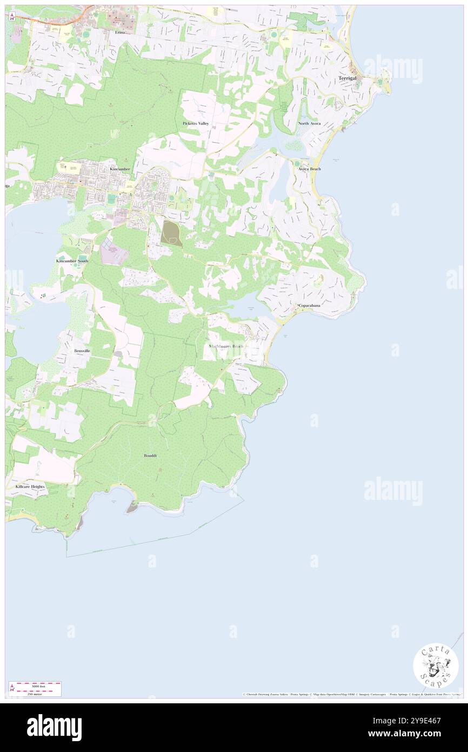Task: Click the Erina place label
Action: point(119,32)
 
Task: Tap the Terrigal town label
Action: point(347,78)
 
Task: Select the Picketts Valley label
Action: point(196,123)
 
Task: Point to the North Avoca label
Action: point(309,123)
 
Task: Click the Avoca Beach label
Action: point(310,169)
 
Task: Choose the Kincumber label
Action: point(120,169)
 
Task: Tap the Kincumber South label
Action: point(72,261)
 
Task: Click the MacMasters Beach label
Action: point(226,346)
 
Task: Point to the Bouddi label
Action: point(150,456)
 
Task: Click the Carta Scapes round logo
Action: point(436,665)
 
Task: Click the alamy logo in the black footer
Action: point(55,727)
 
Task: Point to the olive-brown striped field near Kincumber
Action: point(171,234)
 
